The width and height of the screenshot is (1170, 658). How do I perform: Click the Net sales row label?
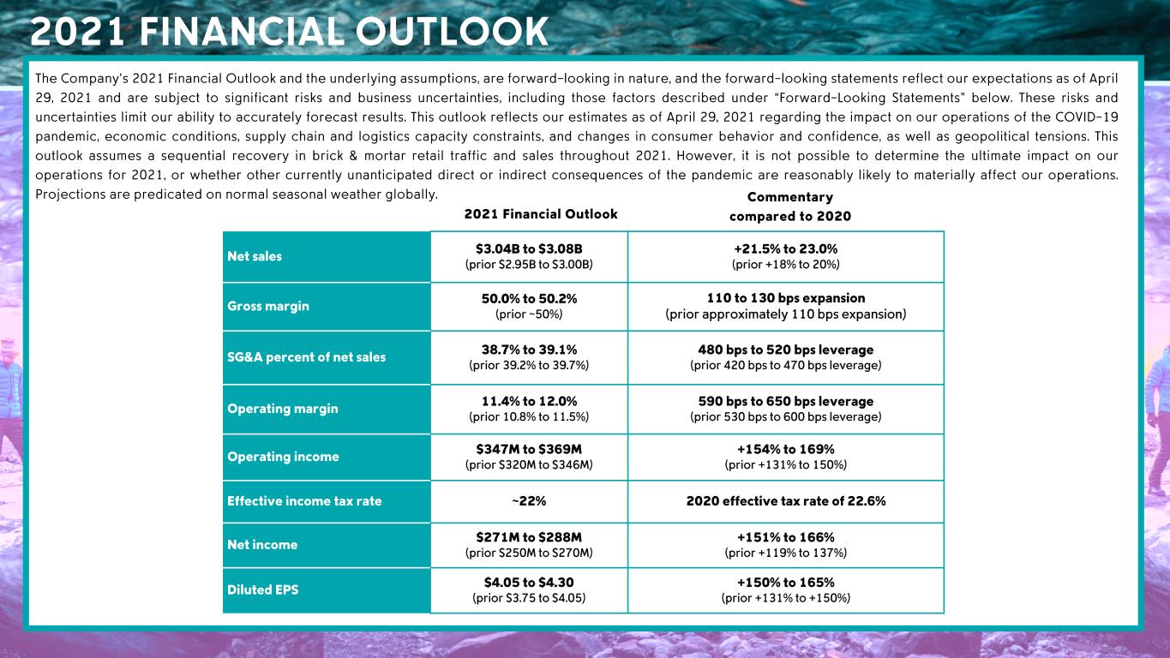(x=255, y=256)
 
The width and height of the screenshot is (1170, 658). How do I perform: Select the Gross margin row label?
(x=268, y=306)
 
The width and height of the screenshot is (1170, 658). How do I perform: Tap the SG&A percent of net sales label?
(x=306, y=356)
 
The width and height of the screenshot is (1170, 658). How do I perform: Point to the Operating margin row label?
(x=283, y=409)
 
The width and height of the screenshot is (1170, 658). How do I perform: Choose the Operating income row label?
(x=283, y=457)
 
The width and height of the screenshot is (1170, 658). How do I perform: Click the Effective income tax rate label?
(x=304, y=501)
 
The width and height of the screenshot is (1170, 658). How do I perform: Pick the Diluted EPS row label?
(x=263, y=589)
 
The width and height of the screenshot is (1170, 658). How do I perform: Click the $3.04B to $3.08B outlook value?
(x=529, y=248)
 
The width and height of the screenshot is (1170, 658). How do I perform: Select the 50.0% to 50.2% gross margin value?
(x=529, y=298)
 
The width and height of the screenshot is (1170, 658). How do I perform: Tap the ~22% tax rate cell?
(x=529, y=501)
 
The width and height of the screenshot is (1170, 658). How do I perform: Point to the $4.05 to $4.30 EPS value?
(x=529, y=583)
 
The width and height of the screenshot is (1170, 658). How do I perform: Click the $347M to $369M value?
(x=529, y=449)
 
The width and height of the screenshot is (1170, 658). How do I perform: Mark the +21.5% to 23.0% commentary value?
(x=785, y=248)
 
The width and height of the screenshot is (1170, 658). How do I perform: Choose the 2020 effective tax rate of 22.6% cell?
(x=785, y=501)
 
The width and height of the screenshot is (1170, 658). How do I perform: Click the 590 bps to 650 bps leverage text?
(x=785, y=401)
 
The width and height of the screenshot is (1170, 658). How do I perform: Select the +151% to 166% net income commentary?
(x=785, y=537)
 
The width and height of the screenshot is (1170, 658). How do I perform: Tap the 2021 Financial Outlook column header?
(x=541, y=214)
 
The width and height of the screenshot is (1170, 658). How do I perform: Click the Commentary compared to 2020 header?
(x=790, y=206)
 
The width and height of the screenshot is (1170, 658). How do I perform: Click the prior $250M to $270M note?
(x=529, y=553)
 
